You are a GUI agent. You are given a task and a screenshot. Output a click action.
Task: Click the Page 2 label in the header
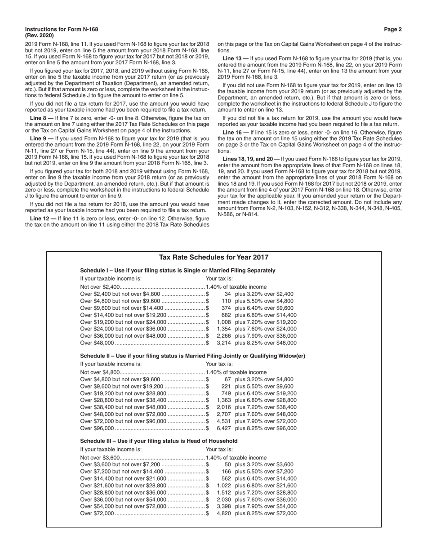pos(393,29)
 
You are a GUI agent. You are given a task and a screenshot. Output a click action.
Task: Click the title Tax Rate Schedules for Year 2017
pos(213,258)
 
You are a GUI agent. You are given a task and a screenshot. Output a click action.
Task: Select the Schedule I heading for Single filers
pos(178,271)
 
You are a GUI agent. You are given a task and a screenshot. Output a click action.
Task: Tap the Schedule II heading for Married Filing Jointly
pos(192,356)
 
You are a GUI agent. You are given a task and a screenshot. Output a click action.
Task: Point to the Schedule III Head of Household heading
pos(159,441)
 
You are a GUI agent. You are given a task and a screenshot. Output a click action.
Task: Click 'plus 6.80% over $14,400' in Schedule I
pos(266,315)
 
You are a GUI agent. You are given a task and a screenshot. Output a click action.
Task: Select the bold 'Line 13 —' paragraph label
pos(234,58)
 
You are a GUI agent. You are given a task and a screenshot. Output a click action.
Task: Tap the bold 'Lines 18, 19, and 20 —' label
pos(251,159)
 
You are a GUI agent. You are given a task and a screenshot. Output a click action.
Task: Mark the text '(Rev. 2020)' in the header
pos(40,36)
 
